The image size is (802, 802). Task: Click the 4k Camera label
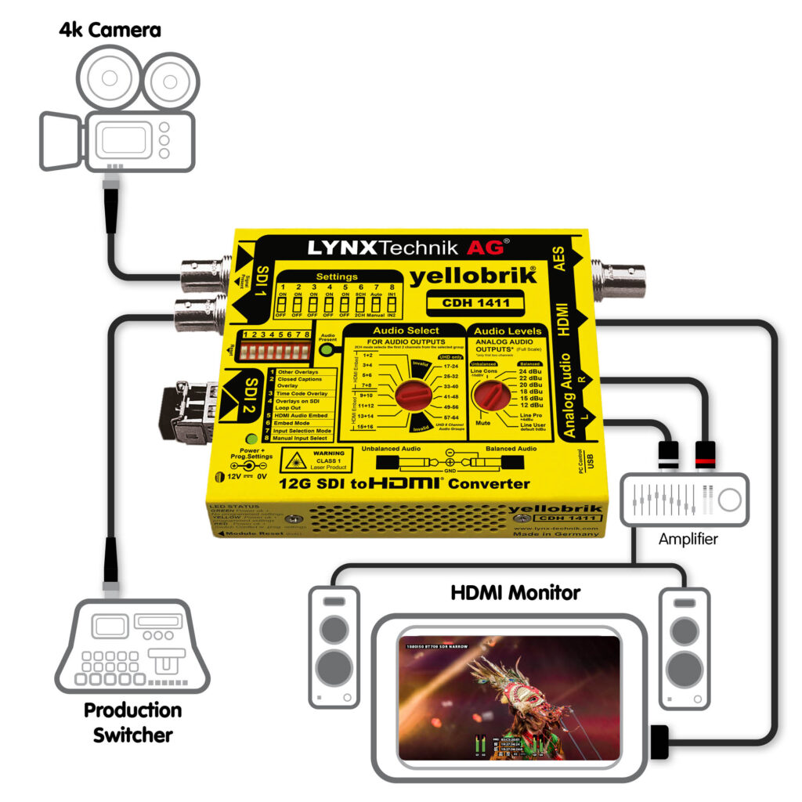click(x=110, y=31)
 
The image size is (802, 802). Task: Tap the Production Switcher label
click(x=132, y=722)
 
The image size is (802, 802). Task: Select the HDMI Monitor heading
click(x=515, y=592)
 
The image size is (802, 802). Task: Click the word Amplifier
click(x=688, y=539)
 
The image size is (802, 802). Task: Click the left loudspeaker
click(x=334, y=647)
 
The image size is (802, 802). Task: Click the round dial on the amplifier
click(x=731, y=499)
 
